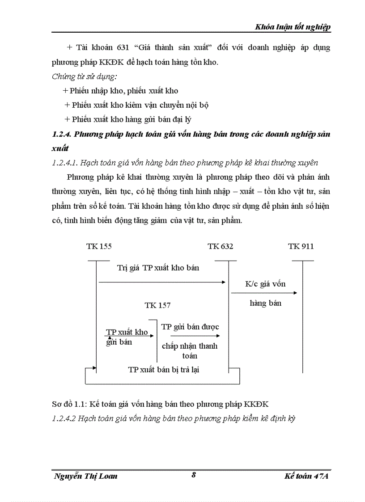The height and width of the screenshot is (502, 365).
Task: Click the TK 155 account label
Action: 99,246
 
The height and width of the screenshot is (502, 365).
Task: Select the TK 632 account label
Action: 220,246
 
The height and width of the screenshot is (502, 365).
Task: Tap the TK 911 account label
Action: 301,246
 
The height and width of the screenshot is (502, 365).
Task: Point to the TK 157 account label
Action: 157,305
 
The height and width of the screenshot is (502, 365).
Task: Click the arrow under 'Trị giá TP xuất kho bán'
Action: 161,282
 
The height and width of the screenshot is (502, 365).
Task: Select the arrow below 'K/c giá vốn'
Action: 264,293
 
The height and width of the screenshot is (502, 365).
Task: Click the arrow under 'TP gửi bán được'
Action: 195,335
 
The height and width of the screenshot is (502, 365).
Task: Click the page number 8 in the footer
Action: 194,475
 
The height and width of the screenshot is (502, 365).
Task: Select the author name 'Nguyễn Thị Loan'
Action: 85,476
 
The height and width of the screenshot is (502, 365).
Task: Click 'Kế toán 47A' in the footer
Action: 306,476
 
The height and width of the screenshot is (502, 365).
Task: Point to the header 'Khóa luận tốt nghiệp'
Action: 293,27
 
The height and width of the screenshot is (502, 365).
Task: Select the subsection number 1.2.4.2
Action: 64,419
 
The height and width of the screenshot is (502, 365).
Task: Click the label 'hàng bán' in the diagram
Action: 265,303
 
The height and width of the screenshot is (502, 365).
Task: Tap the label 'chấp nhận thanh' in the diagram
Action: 190,346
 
